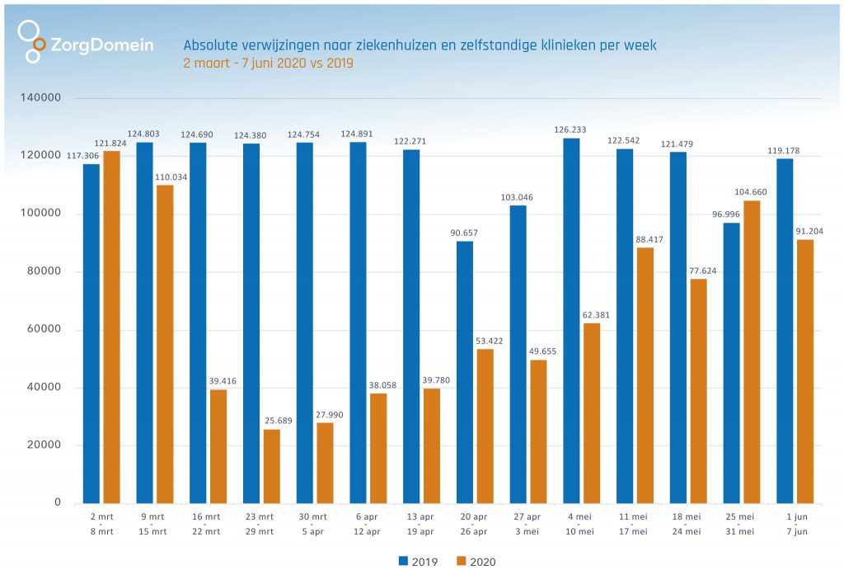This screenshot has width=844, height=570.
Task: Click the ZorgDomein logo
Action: tap(86, 42)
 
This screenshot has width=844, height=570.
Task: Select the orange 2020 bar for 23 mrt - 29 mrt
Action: tap(271, 466)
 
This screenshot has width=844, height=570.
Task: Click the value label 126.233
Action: tap(570, 130)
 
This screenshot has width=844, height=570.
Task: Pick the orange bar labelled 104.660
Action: tap(752, 351)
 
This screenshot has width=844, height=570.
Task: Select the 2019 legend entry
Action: tap(418, 562)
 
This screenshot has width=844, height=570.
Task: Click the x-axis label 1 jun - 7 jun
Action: tap(795, 523)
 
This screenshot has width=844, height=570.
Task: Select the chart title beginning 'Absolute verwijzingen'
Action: tap(420, 45)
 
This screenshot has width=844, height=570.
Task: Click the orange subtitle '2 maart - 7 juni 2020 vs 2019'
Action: tap(268, 64)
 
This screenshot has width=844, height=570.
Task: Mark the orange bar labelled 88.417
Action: tap(645, 375)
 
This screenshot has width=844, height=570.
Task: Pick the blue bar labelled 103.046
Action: tap(518, 354)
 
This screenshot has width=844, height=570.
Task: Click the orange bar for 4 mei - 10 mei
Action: tap(591, 412)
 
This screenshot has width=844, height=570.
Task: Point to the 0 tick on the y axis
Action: tap(58, 502)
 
